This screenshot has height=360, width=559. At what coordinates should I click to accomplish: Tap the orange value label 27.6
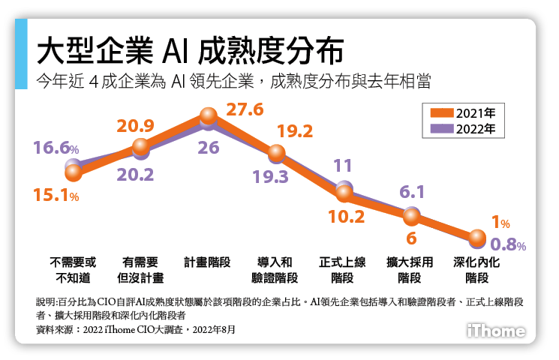pos(244,109)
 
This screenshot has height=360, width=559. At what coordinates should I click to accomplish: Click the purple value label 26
pos(209,148)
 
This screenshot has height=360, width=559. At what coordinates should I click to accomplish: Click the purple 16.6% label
pos(56,148)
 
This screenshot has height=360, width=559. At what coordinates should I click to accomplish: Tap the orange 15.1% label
pos(56,196)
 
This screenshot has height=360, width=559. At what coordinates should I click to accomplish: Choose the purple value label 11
pos(344,166)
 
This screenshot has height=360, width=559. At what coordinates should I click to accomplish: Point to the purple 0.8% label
pos(508,244)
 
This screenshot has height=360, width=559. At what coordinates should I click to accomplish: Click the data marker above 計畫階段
pos(209,117)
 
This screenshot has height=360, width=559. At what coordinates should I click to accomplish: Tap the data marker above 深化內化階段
pos(476,238)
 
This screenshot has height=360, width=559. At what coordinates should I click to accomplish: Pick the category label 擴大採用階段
pos(410,270)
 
